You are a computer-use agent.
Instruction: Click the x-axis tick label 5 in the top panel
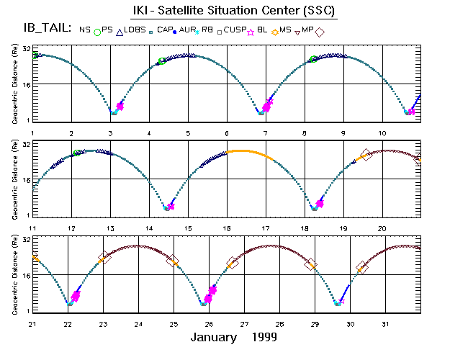point(188,133)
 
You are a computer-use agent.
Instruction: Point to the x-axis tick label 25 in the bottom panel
point(174,323)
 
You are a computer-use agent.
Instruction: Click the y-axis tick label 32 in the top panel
point(26,49)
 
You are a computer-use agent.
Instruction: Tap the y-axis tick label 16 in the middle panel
point(26,180)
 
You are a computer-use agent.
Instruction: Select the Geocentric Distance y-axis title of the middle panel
point(14,180)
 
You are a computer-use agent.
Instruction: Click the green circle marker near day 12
point(77,153)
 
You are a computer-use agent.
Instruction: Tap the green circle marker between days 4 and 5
point(163,61)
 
